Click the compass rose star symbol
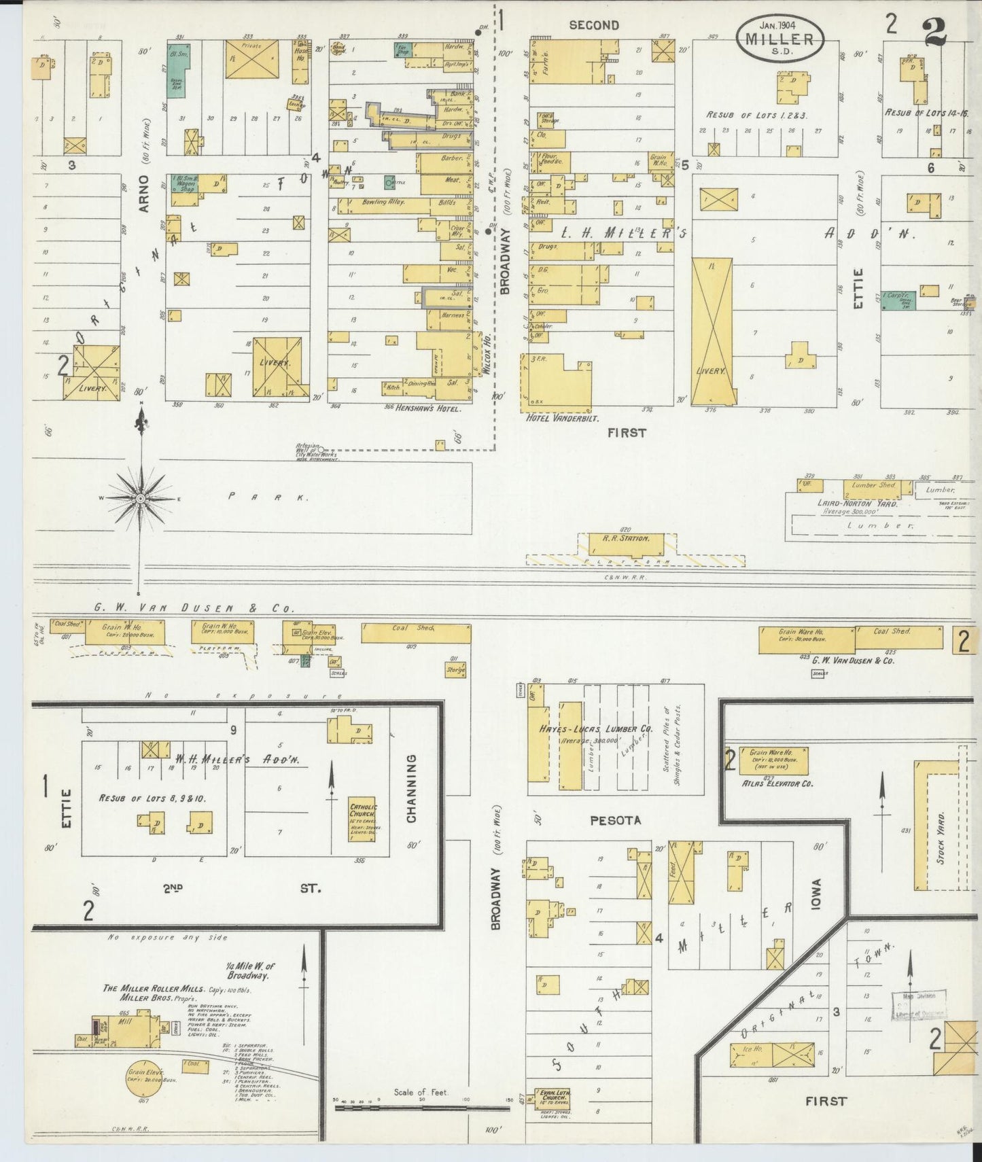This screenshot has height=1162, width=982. [141, 499]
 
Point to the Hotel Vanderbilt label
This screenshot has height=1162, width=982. [557, 417]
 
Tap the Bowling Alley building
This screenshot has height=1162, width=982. [383, 203]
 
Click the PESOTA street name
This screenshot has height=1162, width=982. [614, 820]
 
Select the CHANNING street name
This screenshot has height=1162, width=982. [411, 788]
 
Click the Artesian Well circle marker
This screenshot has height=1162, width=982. [321, 449]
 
